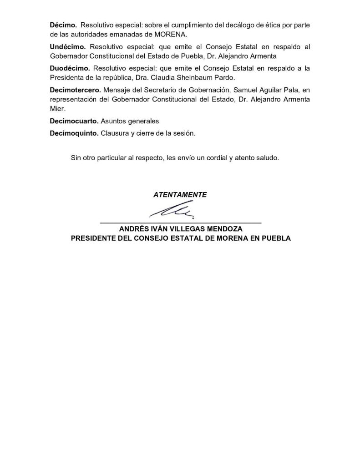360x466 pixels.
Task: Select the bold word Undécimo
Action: [68, 47]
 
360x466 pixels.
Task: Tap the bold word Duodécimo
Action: [70, 68]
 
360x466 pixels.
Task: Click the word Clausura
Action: [115, 134]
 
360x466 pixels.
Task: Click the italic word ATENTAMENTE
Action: [180, 194]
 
